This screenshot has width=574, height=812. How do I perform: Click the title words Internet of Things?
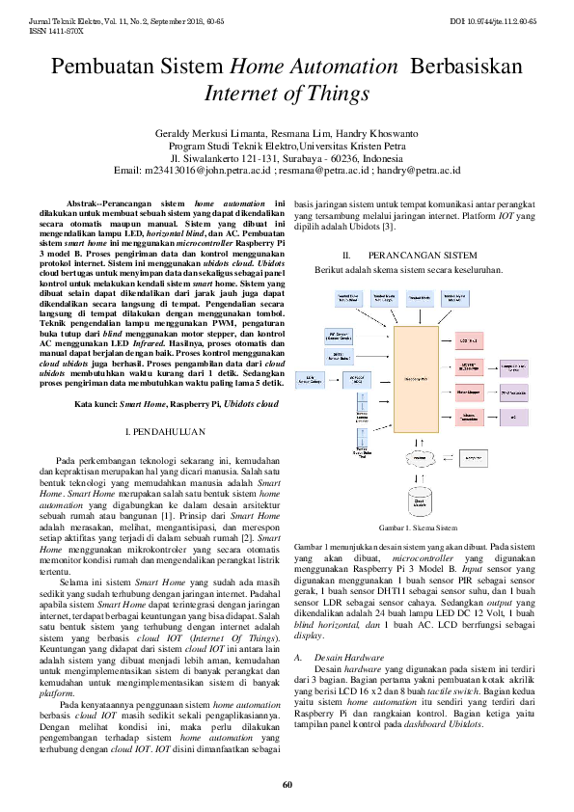pyautogui.click(x=287, y=93)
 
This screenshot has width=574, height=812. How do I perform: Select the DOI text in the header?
pyautogui.click(x=506, y=20)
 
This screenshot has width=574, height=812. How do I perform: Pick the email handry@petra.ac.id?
pyautogui.click(x=419, y=170)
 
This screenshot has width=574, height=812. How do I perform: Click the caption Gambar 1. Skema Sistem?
pyautogui.click(x=418, y=528)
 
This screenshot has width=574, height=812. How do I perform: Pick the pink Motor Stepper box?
pyautogui.click(x=469, y=393)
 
